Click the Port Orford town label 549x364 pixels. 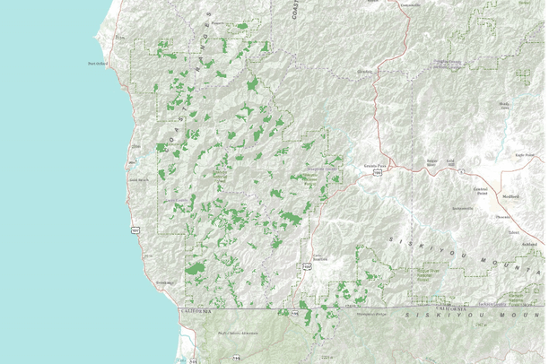point(97,63)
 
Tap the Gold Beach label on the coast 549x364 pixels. point(138,179)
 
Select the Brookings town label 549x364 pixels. point(163,282)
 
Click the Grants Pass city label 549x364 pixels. point(374,166)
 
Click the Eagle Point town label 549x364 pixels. point(514,155)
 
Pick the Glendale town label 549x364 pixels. point(364,71)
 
